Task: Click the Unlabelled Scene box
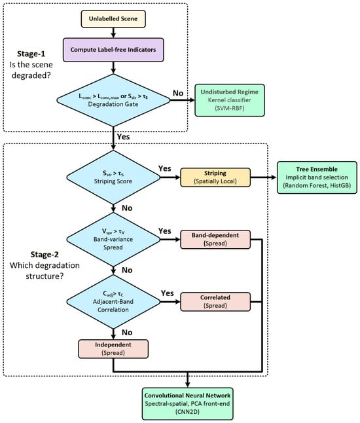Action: (113, 19)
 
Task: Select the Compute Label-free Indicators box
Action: (113, 50)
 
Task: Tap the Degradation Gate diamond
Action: (113, 100)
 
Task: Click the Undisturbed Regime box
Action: (230, 100)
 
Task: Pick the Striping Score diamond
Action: (113, 177)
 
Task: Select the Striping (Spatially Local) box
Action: (215, 177)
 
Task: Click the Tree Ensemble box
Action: (317, 177)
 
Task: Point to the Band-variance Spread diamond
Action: (113, 239)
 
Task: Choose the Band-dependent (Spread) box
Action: (215, 239)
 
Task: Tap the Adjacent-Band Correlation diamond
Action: (113, 302)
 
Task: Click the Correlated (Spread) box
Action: (215, 302)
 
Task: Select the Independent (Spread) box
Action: (113, 349)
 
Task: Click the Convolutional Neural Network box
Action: (187, 403)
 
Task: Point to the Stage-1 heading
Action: (31, 54)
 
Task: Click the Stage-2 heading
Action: (45, 255)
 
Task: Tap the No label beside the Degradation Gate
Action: (178, 93)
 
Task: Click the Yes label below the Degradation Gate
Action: (123, 136)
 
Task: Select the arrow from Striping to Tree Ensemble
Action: (264, 177)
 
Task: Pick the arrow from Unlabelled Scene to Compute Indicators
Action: (113, 33)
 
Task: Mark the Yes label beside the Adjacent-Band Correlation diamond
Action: (167, 293)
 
